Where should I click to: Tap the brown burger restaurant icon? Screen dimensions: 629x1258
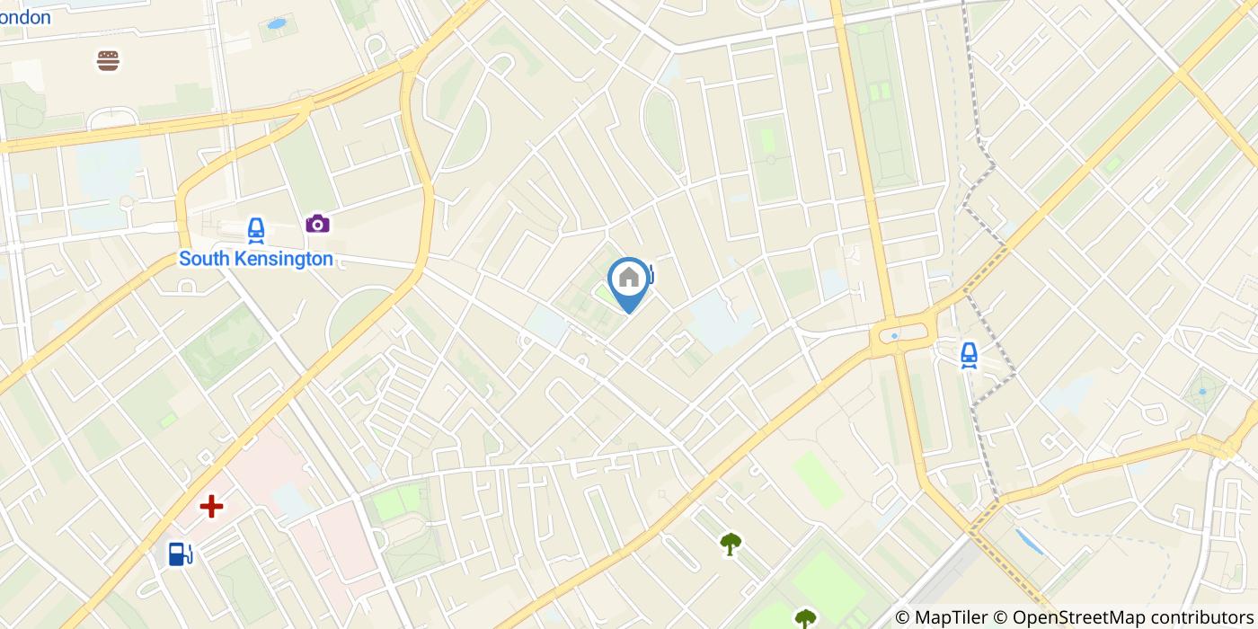click(x=109, y=60)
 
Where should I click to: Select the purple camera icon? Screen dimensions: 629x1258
click(x=317, y=223)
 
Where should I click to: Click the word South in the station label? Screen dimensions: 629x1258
click(x=204, y=259)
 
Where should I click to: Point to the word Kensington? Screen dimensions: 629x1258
click(x=283, y=259)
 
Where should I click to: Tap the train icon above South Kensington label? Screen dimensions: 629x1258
click(x=256, y=231)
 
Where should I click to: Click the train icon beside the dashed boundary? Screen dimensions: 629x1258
click(x=969, y=355)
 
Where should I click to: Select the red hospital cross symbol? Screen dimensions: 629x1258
click(x=211, y=507)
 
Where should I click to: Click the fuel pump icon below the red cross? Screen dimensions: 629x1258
click(x=181, y=554)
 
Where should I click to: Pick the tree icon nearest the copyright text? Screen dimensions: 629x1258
click(x=805, y=618)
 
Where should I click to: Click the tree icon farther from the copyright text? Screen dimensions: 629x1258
click(x=731, y=543)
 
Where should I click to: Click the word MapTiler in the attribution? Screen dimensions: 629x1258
click(x=950, y=617)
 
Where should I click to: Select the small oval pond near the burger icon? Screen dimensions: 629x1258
click(x=276, y=24)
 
